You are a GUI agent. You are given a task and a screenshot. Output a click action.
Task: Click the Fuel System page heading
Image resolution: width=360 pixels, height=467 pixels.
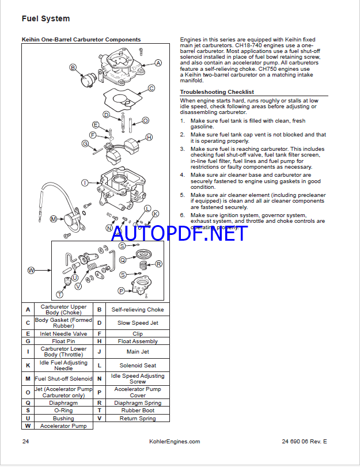point(46,18)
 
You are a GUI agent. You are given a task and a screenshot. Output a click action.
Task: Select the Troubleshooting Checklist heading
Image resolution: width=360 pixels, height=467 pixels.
point(217,92)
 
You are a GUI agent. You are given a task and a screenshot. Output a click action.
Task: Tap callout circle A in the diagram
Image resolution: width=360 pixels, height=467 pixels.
point(158,62)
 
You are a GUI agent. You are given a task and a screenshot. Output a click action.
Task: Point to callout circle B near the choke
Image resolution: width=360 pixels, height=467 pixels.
point(73,67)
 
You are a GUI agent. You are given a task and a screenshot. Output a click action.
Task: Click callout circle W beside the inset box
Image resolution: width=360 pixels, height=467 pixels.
point(31,270)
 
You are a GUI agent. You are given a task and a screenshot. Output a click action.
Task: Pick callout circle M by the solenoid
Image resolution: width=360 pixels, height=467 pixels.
point(53,219)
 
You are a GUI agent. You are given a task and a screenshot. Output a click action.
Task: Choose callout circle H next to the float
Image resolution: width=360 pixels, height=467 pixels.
point(149,137)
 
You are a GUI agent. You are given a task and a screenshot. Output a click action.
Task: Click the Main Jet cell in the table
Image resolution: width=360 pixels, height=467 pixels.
point(138,351)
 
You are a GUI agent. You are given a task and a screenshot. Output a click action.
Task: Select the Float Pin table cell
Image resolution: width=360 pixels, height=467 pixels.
point(62,341)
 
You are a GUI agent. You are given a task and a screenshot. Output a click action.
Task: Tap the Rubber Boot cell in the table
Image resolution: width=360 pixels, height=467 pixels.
point(138,411)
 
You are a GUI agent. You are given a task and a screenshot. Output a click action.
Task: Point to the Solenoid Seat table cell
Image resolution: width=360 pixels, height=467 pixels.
point(138,366)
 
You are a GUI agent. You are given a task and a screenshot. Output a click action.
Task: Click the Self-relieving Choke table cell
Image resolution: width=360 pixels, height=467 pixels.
point(138,309)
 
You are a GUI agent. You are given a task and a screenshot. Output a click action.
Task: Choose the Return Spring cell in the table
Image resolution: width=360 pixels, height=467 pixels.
point(138,419)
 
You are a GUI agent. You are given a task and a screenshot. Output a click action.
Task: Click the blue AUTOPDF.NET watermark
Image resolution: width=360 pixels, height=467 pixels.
point(179,233)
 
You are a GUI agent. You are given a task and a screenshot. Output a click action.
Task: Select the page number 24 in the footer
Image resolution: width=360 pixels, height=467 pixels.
point(25,442)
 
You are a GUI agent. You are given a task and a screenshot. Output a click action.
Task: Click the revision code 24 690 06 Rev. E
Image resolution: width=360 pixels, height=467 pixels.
point(304,442)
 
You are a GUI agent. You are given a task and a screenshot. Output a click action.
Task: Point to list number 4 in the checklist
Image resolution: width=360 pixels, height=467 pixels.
point(182,175)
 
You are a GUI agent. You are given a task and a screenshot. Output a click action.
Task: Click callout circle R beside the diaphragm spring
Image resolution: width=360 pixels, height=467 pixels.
point(159,264)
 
